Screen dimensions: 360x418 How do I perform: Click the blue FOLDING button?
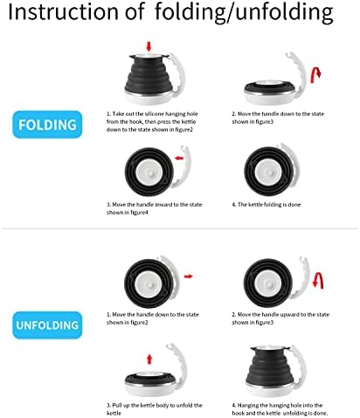tap(47, 125)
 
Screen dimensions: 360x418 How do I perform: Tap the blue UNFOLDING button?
tap(47, 325)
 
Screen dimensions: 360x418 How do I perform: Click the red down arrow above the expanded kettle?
tap(149, 46)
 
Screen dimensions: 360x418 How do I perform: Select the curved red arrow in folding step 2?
tap(315, 75)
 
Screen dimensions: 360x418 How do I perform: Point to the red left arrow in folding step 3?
tap(179, 158)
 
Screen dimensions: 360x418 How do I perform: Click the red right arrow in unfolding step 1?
tap(189, 276)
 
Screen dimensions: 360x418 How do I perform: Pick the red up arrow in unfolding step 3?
tap(149, 359)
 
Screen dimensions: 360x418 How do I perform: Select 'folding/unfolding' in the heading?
tap(244, 13)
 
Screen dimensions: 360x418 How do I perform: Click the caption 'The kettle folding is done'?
tap(267, 204)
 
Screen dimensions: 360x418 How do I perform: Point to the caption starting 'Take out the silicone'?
tap(152, 121)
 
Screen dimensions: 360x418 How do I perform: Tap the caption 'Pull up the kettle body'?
tap(154, 409)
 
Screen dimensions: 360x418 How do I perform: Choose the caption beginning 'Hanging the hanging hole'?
tap(280, 409)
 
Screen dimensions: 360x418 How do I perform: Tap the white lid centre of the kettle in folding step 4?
tap(268, 172)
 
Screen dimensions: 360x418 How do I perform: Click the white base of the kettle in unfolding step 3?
tap(151, 389)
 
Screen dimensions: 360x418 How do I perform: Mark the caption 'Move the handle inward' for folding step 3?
tap(154, 209)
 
